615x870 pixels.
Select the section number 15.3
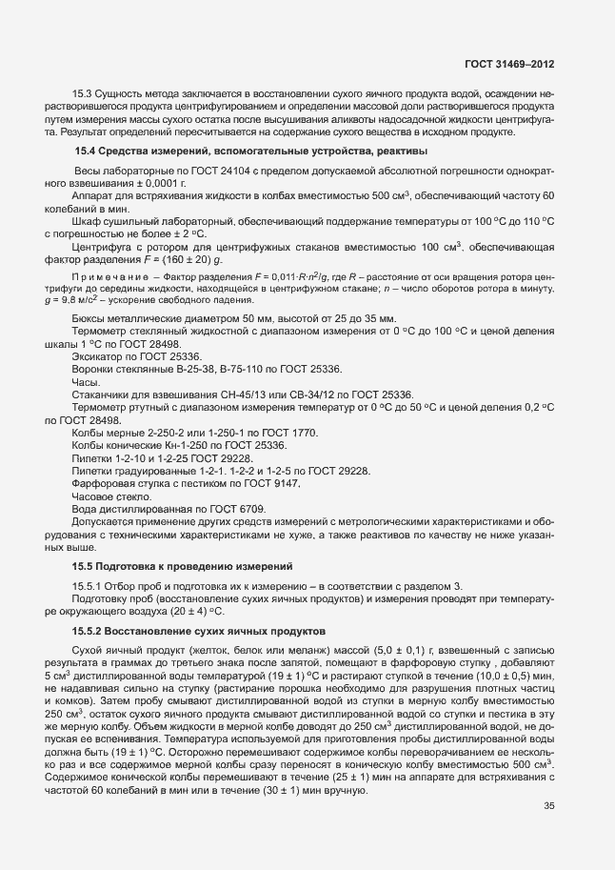pos(83,94)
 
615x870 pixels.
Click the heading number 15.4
pos(87,151)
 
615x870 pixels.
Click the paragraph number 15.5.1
pos(89,584)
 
